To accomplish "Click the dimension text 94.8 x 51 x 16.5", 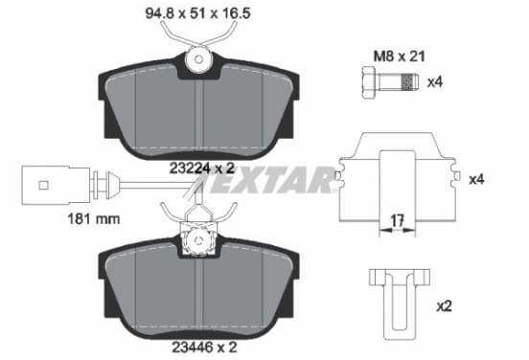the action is (x=197, y=13).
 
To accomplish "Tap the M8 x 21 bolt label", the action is (x=399, y=56).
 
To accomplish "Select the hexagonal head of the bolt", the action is (x=369, y=82).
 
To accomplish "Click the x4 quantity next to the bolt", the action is (x=435, y=82).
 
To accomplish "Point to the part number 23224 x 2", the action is (x=202, y=168).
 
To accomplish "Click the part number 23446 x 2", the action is (x=204, y=347).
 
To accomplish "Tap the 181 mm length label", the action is (x=94, y=219).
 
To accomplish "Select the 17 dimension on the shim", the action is (x=397, y=221).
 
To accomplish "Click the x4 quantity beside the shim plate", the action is (x=476, y=179).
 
